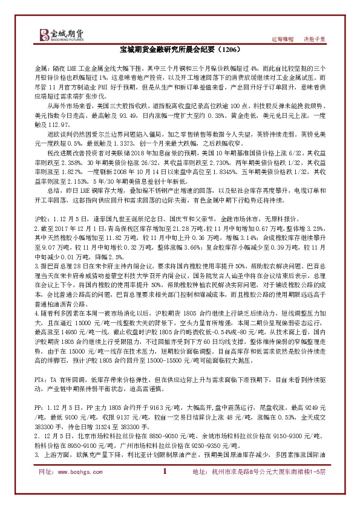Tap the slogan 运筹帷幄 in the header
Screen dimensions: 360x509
tap(283, 39)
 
